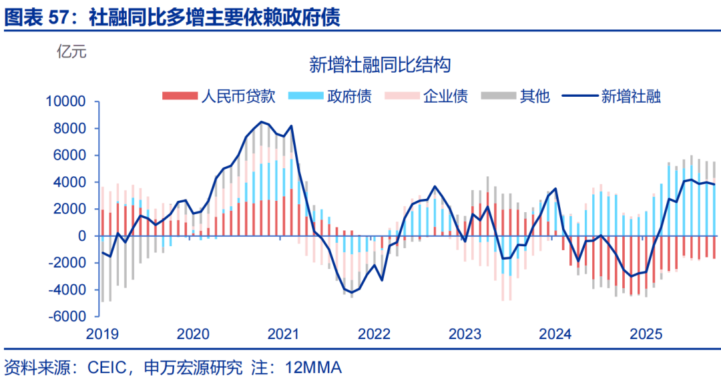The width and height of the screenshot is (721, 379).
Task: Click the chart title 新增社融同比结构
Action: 380,65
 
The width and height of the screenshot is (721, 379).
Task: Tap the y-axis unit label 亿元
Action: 71,51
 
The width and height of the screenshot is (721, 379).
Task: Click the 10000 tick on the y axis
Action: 66,101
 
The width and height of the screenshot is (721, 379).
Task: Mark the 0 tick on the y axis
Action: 83,236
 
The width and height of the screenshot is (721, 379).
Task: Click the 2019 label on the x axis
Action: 102,334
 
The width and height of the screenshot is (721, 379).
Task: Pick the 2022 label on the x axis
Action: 374,334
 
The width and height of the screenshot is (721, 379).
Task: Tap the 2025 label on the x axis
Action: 646,334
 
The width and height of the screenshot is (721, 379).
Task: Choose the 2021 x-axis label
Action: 283,334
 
